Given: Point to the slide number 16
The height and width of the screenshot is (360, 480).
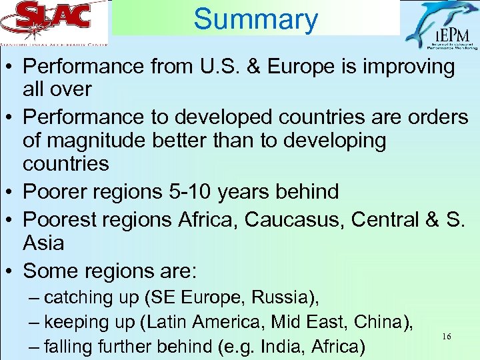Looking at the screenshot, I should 447,337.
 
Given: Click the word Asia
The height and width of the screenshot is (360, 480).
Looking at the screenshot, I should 43,243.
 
